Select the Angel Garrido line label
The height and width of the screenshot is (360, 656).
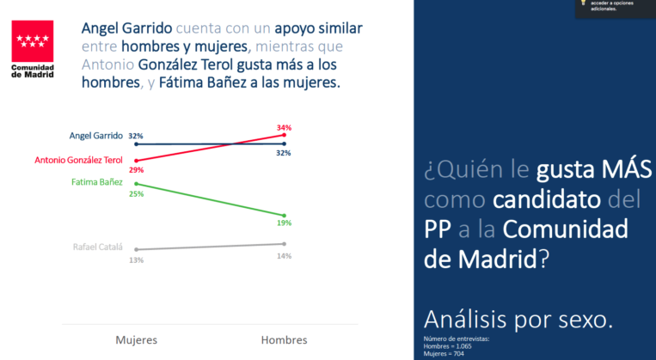tap(95, 136)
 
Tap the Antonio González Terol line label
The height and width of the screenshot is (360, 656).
tap(78, 160)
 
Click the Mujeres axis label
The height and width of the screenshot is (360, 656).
tap(136, 339)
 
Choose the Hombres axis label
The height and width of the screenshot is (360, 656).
tap(284, 339)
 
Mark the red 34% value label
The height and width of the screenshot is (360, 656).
tap(284, 127)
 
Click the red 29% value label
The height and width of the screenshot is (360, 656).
tap(136, 170)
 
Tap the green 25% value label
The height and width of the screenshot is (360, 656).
tap(136, 194)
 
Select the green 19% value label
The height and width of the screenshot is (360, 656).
tap(284, 223)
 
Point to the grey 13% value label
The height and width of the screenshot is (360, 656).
tap(136, 259)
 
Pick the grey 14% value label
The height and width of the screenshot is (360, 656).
tap(284, 255)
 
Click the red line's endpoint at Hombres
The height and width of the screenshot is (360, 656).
tap(284, 135)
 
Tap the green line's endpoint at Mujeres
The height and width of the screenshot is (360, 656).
tap(136, 183)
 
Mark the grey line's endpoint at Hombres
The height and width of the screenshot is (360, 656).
tap(284, 244)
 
